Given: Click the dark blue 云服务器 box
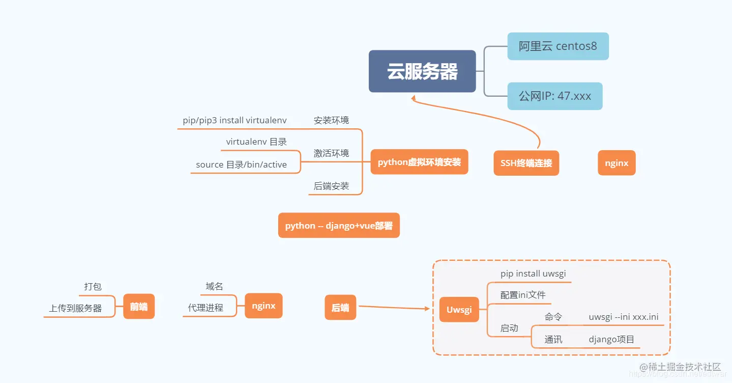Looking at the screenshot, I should click(422, 71).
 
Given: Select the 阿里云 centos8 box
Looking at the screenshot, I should click(558, 46).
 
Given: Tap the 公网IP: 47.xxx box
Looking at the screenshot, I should click(554, 96).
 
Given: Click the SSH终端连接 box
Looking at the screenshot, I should click(526, 163).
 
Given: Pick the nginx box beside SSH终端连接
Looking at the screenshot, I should click(617, 163).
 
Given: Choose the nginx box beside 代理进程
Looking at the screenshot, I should click(263, 306).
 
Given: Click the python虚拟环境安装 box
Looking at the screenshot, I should click(419, 162).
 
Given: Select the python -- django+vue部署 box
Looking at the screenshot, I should click(339, 226).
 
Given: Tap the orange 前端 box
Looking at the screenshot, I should click(138, 307).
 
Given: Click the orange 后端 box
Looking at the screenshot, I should click(340, 308).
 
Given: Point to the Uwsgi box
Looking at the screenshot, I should click(459, 310).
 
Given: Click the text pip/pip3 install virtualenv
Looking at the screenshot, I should click(235, 121).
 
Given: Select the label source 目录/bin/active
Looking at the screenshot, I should click(241, 165).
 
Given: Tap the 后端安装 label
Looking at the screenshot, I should click(331, 186).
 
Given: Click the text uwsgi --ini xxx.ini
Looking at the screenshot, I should click(624, 317).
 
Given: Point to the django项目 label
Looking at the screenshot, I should click(611, 340).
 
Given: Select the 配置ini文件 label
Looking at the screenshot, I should click(523, 295).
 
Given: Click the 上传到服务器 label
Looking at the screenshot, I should click(75, 309).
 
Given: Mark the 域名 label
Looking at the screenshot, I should click(214, 287).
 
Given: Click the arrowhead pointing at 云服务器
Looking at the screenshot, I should click(414, 98).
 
